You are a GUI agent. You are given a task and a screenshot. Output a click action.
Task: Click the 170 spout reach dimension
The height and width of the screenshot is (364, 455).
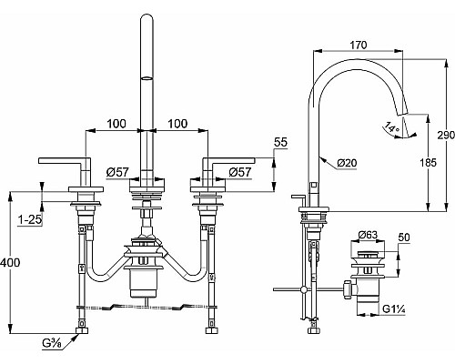pyautogui.click(x=359, y=45)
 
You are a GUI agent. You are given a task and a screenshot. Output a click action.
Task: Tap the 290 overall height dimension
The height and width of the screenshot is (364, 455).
pyautogui.click(x=446, y=135)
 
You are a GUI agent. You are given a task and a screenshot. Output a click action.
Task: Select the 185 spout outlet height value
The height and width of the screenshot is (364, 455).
pyautogui.click(x=428, y=163)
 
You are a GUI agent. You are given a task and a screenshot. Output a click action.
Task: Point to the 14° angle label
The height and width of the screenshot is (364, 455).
pyautogui.click(x=392, y=126)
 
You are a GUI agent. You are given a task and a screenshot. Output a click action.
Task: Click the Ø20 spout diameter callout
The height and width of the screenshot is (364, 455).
pyautogui.click(x=347, y=163)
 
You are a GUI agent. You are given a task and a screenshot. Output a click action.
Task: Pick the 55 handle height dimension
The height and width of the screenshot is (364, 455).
pyautogui.click(x=280, y=142)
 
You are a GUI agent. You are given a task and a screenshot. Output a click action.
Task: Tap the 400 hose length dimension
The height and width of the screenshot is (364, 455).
pyautogui.click(x=10, y=262)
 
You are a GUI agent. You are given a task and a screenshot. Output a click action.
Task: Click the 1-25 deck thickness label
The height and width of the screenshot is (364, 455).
pyautogui.click(x=30, y=219)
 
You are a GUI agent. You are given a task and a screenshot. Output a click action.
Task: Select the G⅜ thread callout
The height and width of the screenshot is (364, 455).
pyautogui.click(x=52, y=344)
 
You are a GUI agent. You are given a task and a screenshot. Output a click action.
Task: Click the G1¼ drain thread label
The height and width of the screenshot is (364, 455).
pyautogui.click(x=394, y=309)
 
